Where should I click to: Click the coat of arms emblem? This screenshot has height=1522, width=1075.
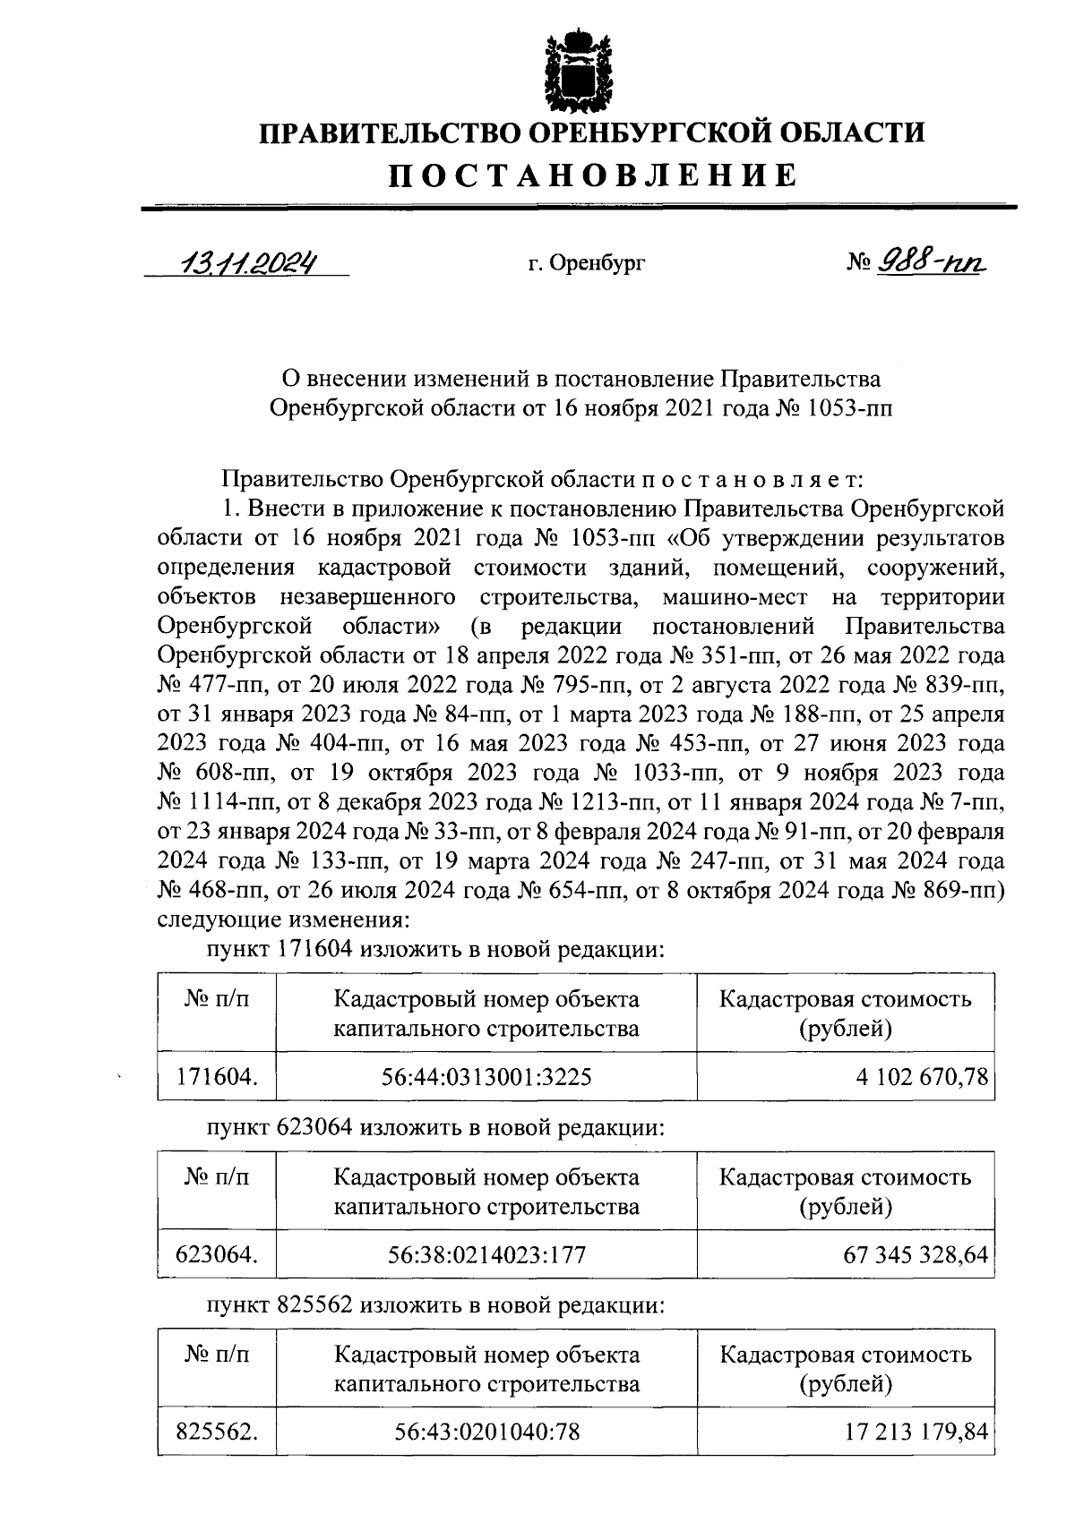click(x=579, y=69)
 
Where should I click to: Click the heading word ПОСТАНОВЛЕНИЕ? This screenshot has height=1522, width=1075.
click(x=591, y=175)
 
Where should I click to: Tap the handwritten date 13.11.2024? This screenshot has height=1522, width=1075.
click(x=247, y=262)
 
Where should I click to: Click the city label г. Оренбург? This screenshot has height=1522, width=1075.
click(x=586, y=264)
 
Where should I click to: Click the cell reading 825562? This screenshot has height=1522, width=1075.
click(x=217, y=1431)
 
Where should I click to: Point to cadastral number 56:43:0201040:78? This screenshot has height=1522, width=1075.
click(x=486, y=1431)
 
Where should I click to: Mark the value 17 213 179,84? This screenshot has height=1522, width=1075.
click(x=916, y=1431)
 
